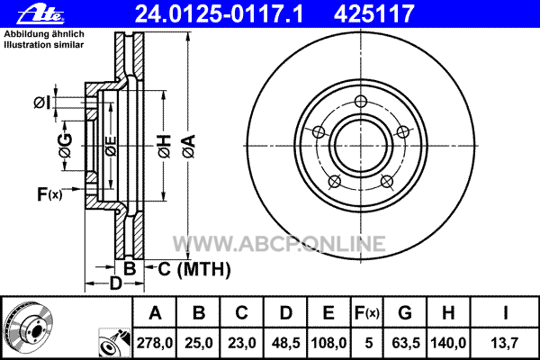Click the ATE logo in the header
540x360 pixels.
click(40, 13)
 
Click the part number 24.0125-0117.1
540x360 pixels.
click(219, 13)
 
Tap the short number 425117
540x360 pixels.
click(373, 13)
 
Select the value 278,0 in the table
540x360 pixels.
click(155, 343)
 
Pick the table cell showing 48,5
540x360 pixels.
click(286, 343)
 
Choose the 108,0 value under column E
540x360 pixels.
click(328, 343)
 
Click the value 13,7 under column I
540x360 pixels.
click(505, 343)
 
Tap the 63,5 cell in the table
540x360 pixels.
click(406, 343)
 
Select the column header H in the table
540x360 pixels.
click(448, 313)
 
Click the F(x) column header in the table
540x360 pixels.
click(367, 313)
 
